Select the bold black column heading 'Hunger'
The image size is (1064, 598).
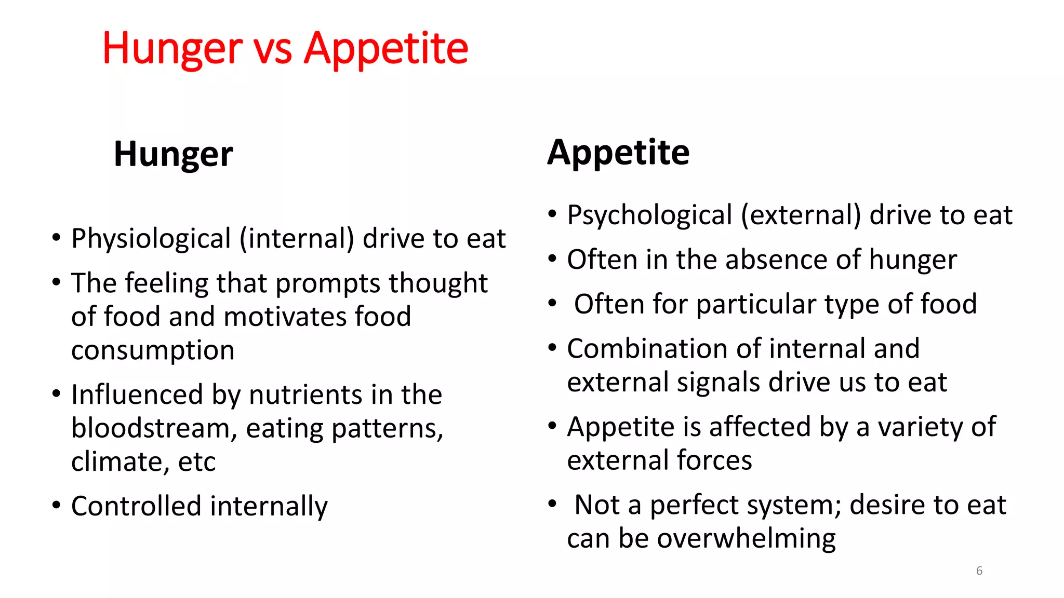tap(174, 154)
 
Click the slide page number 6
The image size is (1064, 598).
tap(979, 570)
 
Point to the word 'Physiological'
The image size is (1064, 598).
tap(151, 239)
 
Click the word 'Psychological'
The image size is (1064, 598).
tap(649, 215)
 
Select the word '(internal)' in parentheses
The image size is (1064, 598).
tap(297, 239)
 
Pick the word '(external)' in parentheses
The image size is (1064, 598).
tap(801, 215)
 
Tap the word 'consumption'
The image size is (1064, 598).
tap(153, 351)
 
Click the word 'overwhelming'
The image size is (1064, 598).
tap(746, 539)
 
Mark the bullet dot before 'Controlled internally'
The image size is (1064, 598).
tap(56, 505)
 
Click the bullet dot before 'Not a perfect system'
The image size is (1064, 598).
tap(552, 503)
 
